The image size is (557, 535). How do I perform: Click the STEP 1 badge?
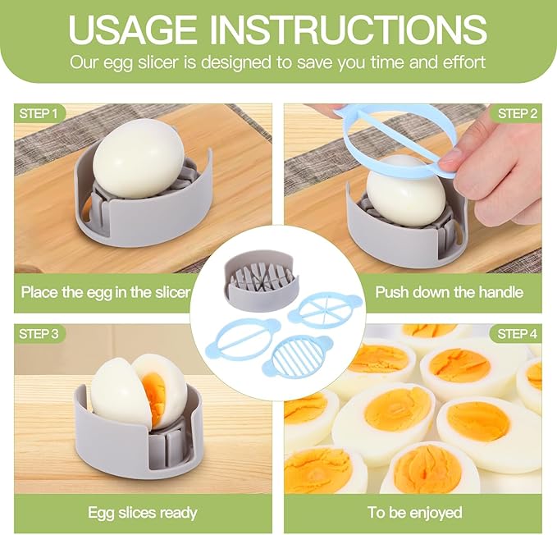click(37, 113)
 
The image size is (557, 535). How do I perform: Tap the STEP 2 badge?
click(517, 113)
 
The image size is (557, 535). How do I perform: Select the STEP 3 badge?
click(39, 334)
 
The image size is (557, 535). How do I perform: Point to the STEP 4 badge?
click(517, 334)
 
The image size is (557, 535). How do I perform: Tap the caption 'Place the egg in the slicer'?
click(106, 292)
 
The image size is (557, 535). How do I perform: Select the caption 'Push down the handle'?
click(449, 292)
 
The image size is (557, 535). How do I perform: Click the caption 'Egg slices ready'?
click(143, 513)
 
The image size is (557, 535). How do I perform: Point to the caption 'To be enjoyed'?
click(414, 513)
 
